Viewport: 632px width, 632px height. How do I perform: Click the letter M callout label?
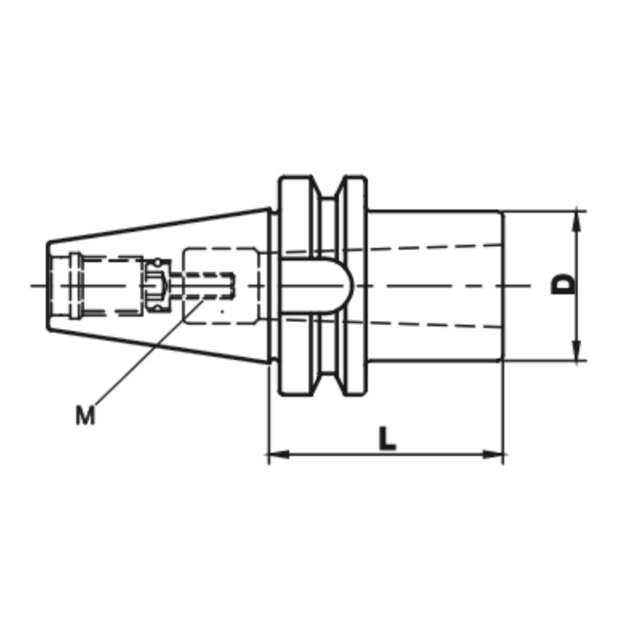coord(85,415)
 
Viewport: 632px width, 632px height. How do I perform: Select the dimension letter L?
coord(388,438)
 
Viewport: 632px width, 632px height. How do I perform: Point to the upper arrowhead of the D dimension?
coord(577,221)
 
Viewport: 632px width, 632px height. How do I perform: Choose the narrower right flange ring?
coord(355,197)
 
